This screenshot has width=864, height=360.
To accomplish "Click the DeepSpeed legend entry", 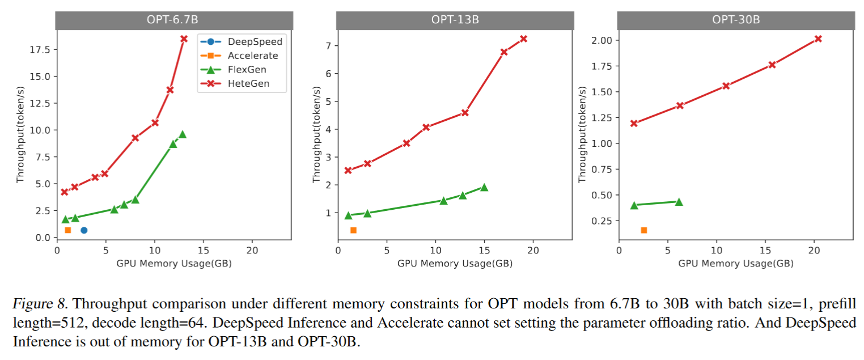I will coord(255,41).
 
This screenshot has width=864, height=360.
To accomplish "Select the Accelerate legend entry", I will coord(253,56).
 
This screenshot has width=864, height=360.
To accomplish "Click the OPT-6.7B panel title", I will coord(173,20).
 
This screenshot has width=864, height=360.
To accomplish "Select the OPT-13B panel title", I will coord(454,20).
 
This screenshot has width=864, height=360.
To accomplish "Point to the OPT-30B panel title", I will coord(735,20).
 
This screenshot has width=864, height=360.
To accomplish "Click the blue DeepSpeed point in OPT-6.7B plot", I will coord(84,230).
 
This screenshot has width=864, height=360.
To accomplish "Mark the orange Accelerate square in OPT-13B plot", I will coord(353,230).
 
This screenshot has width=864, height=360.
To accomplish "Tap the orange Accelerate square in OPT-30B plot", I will coord(643,230).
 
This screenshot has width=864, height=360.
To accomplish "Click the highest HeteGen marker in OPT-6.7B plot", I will coord(184,39).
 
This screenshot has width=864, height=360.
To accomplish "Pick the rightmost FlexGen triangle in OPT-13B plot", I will coord(484,187).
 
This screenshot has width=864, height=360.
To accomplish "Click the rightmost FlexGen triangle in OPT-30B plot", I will coord(679,202).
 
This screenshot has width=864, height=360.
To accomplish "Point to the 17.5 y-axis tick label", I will coord(41,49).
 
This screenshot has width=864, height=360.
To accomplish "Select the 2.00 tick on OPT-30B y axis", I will coord(602,40).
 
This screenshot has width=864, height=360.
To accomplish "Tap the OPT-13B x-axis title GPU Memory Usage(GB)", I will coord(454,264).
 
